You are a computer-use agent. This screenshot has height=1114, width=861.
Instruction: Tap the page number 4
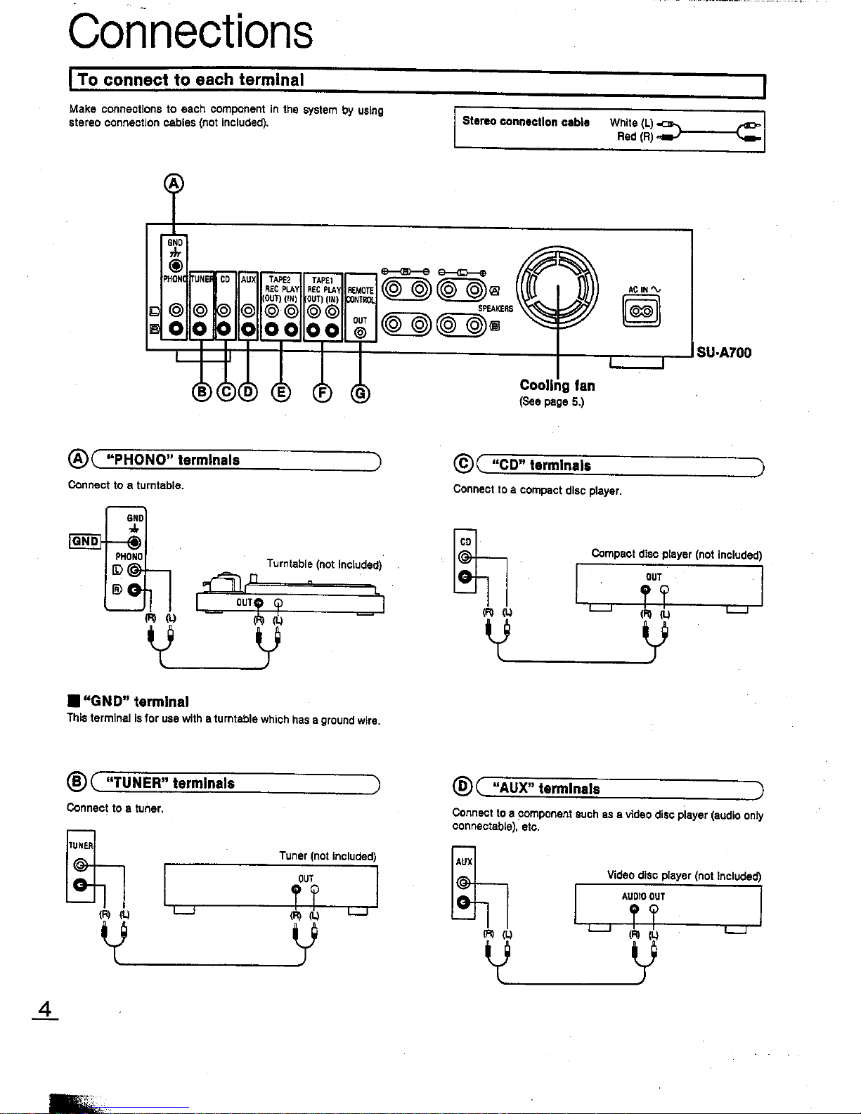coord(46,1010)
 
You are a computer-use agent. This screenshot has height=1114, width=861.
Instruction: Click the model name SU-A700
coord(724,353)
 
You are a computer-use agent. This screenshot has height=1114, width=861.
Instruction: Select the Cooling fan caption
coord(557,385)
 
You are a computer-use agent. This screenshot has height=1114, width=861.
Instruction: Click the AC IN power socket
coord(642,311)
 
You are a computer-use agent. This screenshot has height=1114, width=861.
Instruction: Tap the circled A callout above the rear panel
coord(173,184)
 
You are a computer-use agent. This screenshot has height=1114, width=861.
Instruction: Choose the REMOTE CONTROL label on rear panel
coord(361,295)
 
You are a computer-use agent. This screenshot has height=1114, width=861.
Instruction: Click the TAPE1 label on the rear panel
coord(323,280)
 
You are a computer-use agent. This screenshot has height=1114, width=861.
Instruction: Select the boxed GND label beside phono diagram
coord(85,541)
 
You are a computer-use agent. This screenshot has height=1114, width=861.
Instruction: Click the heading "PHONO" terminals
coord(171,460)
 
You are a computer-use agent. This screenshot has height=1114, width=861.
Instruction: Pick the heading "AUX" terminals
coord(548,789)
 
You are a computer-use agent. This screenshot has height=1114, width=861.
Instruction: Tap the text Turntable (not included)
coord(324,564)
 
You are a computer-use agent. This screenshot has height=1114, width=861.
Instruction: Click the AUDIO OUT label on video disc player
coord(643,897)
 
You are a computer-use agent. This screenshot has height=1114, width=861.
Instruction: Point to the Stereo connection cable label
coord(526,122)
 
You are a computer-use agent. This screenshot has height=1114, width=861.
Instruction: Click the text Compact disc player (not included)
coord(676,554)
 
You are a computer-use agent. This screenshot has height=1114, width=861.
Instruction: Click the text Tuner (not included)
coord(328,856)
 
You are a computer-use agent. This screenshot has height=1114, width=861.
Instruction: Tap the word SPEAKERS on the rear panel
coord(496,309)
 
